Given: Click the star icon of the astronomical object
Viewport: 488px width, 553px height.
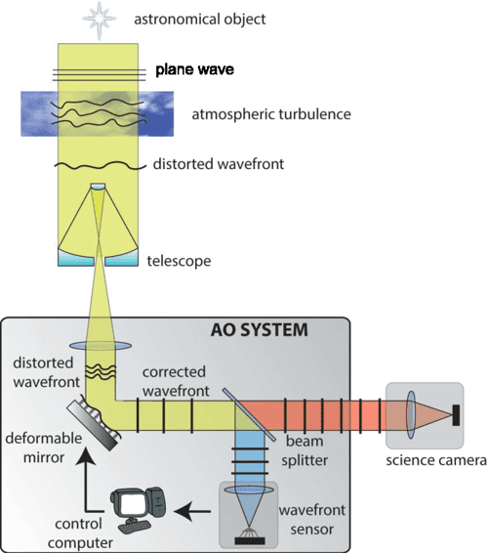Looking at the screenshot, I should point(99,19).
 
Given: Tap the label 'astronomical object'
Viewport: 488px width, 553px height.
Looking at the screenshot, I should point(199,19).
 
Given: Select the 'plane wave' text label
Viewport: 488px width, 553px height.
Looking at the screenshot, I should point(198,70).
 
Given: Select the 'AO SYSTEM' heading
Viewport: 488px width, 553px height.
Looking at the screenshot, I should point(262,329).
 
